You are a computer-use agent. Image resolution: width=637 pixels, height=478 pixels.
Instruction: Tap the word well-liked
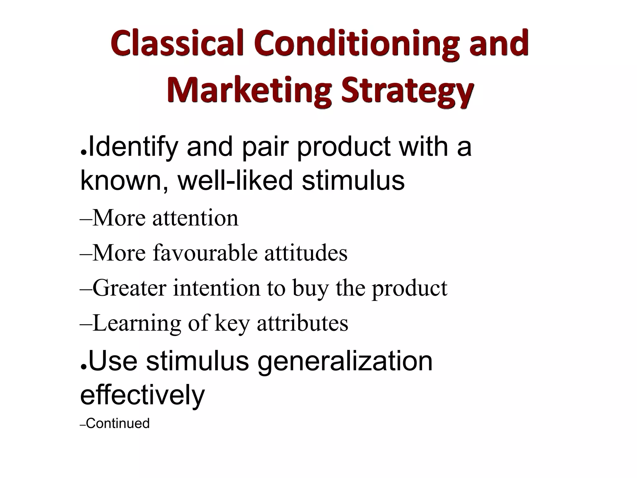point(235,180)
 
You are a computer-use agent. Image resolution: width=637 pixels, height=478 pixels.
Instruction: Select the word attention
point(195,218)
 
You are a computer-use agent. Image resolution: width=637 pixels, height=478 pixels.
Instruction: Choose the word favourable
point(205,252)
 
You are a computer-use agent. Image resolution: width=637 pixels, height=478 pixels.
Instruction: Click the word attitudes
point(306,252)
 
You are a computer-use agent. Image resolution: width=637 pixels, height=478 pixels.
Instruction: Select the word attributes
point(302,323)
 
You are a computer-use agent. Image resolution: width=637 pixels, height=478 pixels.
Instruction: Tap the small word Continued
point(118,424)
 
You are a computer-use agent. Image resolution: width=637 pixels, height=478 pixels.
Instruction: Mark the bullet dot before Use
point(83,367)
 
